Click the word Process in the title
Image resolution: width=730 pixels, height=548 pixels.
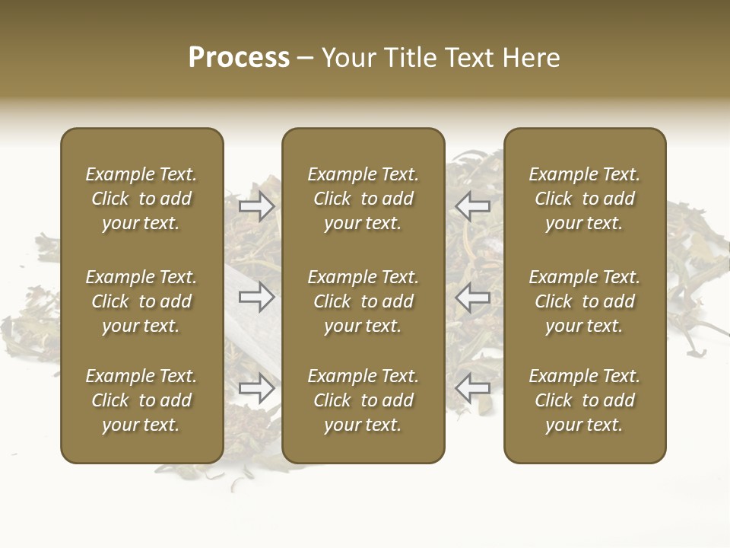click(x=239, y=58)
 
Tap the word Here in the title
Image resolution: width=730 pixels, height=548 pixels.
click(x=529, y=58)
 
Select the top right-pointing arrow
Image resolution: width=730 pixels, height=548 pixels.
click(x=257, y=206)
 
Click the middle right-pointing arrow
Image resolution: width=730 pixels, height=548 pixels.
click(x=257, y=297)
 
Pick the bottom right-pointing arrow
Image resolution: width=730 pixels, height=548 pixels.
click(x=257, y=388)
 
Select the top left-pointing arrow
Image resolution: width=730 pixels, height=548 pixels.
click(x=472, y=206)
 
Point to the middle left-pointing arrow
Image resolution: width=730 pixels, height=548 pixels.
click(x=472, y=297)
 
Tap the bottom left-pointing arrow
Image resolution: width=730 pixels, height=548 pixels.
click(x=472, y=388)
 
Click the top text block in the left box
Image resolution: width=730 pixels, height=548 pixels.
click(x=141, y=199)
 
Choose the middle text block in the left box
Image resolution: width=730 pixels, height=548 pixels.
click(x=141, y=301)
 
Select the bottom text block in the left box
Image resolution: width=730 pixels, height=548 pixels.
click(x=141, y=400)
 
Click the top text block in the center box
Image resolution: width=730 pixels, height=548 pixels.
click(x=363, y=199)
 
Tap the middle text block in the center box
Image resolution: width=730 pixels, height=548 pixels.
click(x=363, y=301)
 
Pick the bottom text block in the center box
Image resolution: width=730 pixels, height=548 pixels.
click(x=363, y=400)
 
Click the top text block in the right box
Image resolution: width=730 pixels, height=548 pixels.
click(x=584, y=199)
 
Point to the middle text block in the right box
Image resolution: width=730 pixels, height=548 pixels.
click(x=584, y=301)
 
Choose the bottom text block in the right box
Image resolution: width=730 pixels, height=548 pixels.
click(x=584, y=400)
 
